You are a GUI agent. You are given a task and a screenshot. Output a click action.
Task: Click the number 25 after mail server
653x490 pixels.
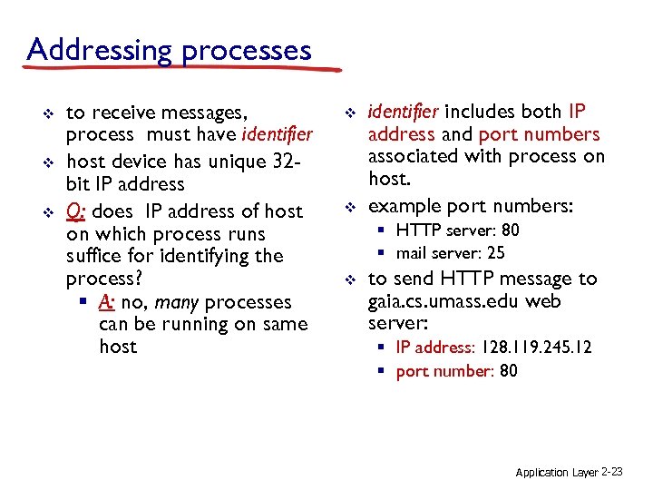click(x=496, y=253)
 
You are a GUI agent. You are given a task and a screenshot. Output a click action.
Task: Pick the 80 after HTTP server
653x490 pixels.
click(x=511, y=230)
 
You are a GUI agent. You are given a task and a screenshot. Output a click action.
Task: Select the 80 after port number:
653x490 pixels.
click(x=509, y=370)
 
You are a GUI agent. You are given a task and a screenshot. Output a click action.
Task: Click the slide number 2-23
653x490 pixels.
click(x=612, y=473)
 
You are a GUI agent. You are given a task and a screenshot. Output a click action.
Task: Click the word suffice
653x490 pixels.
click(x=96, y=256)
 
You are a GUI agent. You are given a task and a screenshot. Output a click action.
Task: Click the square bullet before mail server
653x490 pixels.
click(x=384, y=254)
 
